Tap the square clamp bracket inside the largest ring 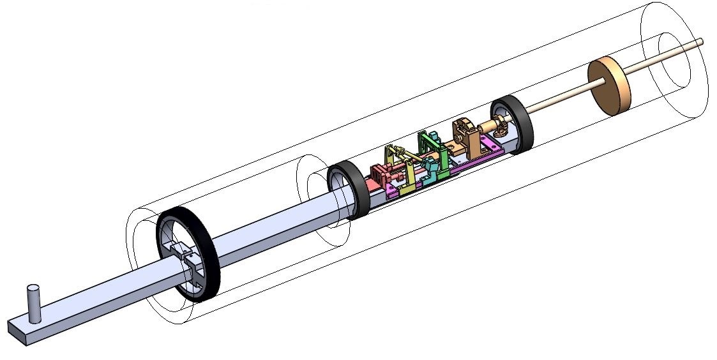click(192, 264)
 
